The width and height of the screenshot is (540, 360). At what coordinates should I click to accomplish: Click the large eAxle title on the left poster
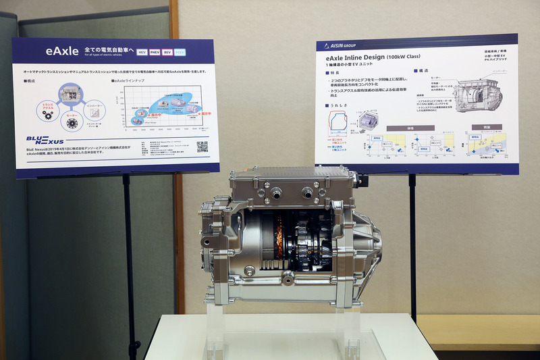coord(62,51)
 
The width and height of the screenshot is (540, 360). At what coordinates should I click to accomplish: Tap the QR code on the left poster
coord(202,147)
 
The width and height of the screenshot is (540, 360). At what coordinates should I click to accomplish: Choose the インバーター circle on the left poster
coord(95,106)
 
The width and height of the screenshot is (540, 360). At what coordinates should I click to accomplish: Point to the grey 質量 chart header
coord(485,126)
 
